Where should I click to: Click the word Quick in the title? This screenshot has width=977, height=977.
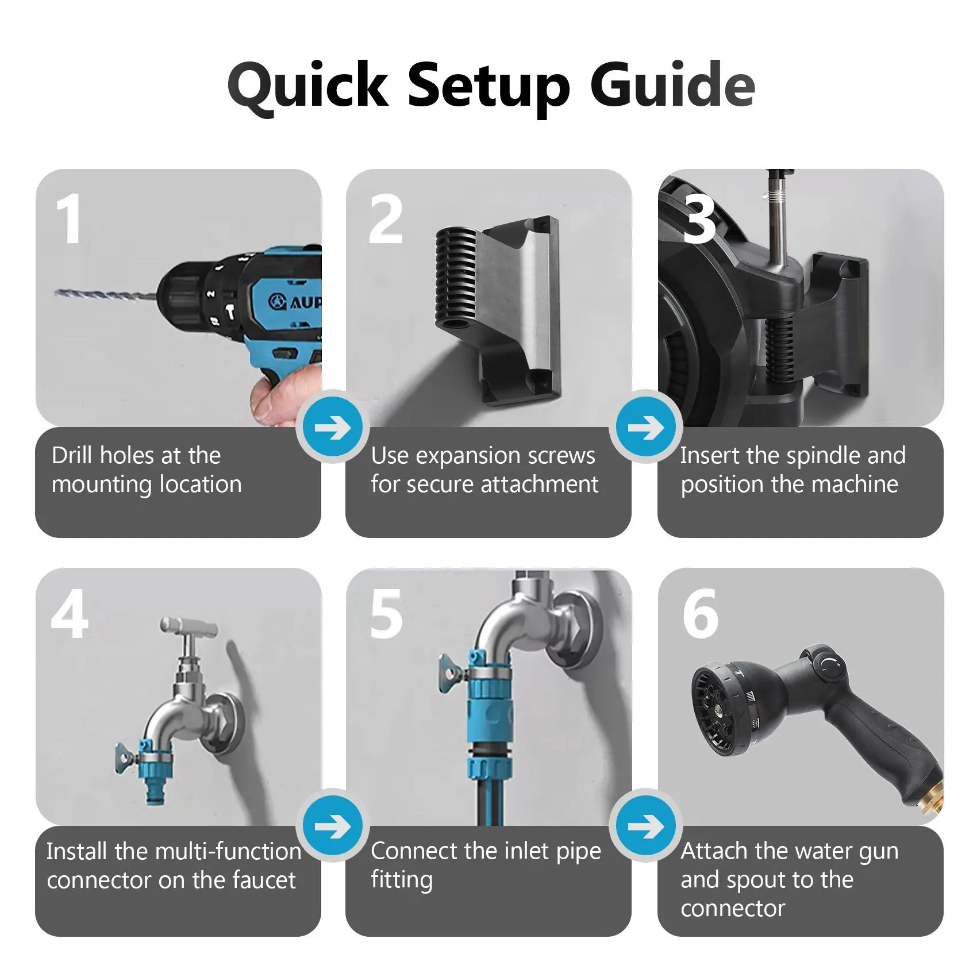pos(308,86)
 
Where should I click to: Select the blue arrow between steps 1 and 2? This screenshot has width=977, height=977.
pos(333,428)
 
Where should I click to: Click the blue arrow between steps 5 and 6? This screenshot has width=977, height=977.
pos(645,826)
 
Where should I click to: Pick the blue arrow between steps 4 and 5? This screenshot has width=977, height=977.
pos(333,826)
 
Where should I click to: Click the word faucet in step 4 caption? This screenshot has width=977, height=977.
pos(263,880)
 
